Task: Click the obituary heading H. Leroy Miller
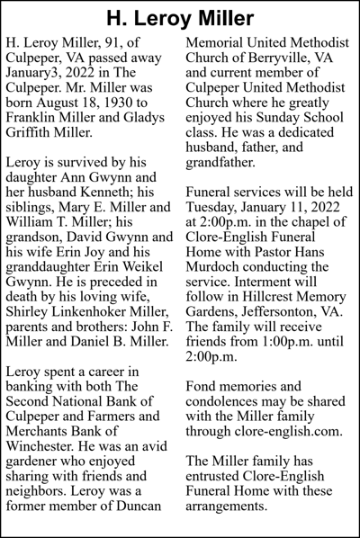click(180, 18)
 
